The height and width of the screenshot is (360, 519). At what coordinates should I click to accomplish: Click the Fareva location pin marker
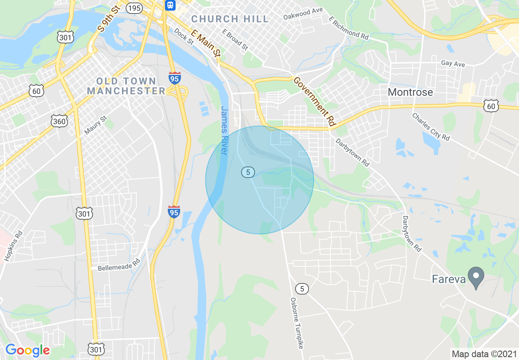[476, 277]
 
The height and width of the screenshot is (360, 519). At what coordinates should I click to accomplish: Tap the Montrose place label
[410, 92]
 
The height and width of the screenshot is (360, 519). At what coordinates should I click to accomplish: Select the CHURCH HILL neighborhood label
[230, 19]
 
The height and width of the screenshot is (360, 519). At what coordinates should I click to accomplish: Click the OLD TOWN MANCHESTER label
[126, 86]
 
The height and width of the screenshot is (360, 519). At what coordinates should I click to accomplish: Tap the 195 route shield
[134, 8]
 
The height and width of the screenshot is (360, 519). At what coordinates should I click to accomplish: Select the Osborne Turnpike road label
[298, 323]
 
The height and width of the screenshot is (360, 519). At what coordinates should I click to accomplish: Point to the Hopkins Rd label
[13, 247]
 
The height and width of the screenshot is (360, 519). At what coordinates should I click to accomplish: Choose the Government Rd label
[314, 101]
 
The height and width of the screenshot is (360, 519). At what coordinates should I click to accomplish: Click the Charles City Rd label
[431, 127]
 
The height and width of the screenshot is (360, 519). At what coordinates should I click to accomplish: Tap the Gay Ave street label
[453, 64]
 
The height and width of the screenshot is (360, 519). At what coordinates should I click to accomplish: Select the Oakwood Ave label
[303, 13]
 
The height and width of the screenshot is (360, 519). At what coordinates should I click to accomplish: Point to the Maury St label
[95, 125]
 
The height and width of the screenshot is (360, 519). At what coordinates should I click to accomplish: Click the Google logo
[27, 350]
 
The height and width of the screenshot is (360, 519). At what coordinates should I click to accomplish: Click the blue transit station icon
[170, 5]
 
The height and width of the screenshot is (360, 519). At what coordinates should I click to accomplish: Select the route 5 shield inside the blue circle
[248, 172]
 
